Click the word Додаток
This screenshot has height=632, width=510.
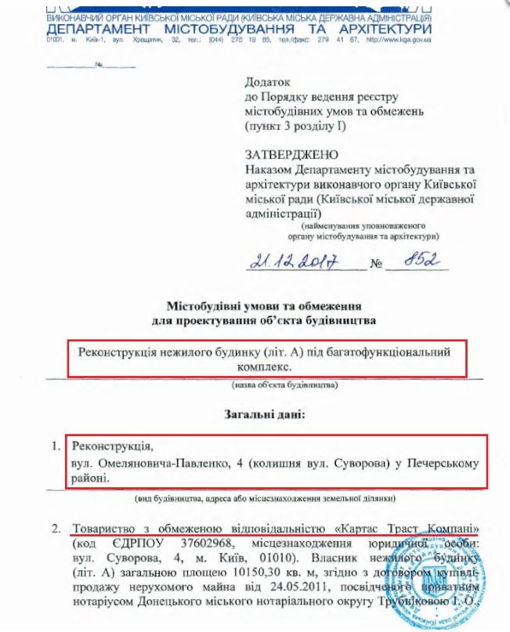point(268,81)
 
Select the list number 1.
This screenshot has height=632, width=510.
point(55,447)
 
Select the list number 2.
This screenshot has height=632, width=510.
point(55,528)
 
